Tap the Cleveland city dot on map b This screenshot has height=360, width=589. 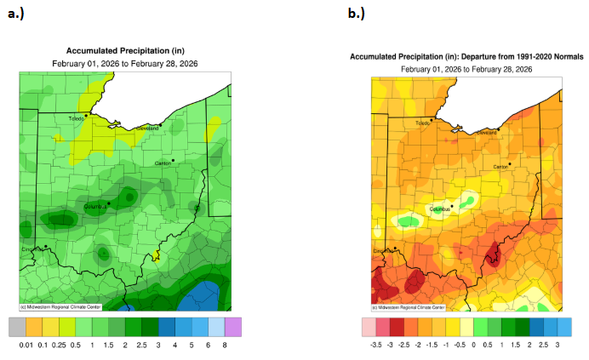tap(498, 129)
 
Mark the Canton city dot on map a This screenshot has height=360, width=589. tap(173, 159)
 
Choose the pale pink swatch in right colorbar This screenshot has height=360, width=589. tap(368, 326)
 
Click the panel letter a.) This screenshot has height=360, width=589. tap(19, 14)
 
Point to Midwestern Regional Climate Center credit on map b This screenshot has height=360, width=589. tap(409, 306)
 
